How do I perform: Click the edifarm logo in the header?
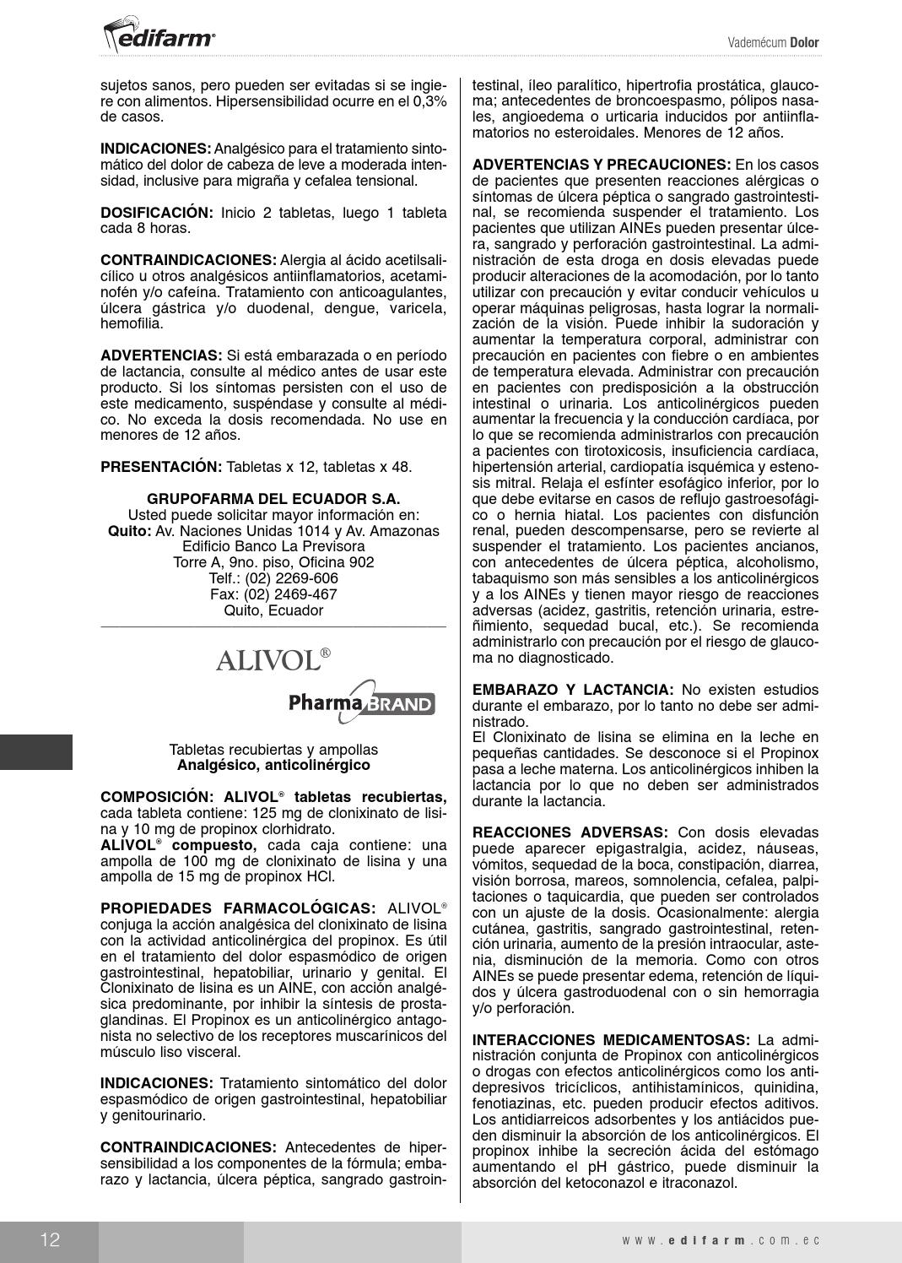(159, 35)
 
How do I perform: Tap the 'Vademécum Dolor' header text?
(773, 43)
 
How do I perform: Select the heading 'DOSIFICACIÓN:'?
(157, 213)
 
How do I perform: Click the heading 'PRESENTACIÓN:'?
(161, 467)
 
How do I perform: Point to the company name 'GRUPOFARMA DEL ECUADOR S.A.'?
(273, 499)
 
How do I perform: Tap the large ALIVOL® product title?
(273, 660)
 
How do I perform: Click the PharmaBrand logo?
(362, 702)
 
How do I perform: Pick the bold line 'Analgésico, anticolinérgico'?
(273, 765)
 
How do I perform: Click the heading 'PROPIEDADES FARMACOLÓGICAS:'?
(238, 908)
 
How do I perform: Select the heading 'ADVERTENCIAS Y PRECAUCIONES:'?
(602, 165)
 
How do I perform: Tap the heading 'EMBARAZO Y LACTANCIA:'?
(573, 690)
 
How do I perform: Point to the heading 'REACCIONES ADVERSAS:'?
(570, 832)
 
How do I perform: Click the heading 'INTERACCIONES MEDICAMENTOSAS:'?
(611, 1039)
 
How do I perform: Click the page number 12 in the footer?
(49, 1240)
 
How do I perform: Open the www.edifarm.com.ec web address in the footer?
(721, 1240)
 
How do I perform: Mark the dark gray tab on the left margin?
(36, 751)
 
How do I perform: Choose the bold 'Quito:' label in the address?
(129, 531)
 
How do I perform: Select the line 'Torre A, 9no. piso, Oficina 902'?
(273, 562)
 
